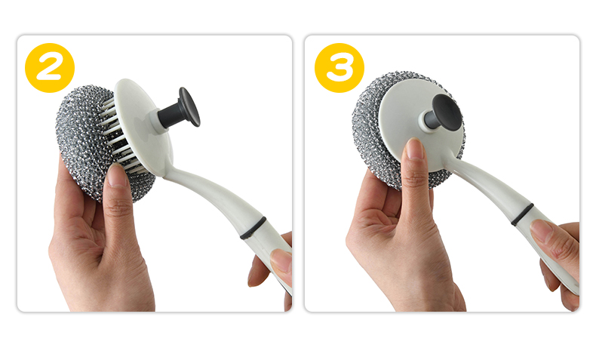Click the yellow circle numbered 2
pyautogui.click(x=49, y=68)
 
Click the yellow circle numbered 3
pyautogui.click(x=339, y=68)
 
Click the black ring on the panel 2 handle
pyautogui.click(x=253, y=228)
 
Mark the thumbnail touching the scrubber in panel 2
pyautogui.click(x=116, y=175)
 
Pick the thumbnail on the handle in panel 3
pyautogui.click(x=541, y=231)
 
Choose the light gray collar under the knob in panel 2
pyautogui.click(x=153, y=121)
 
